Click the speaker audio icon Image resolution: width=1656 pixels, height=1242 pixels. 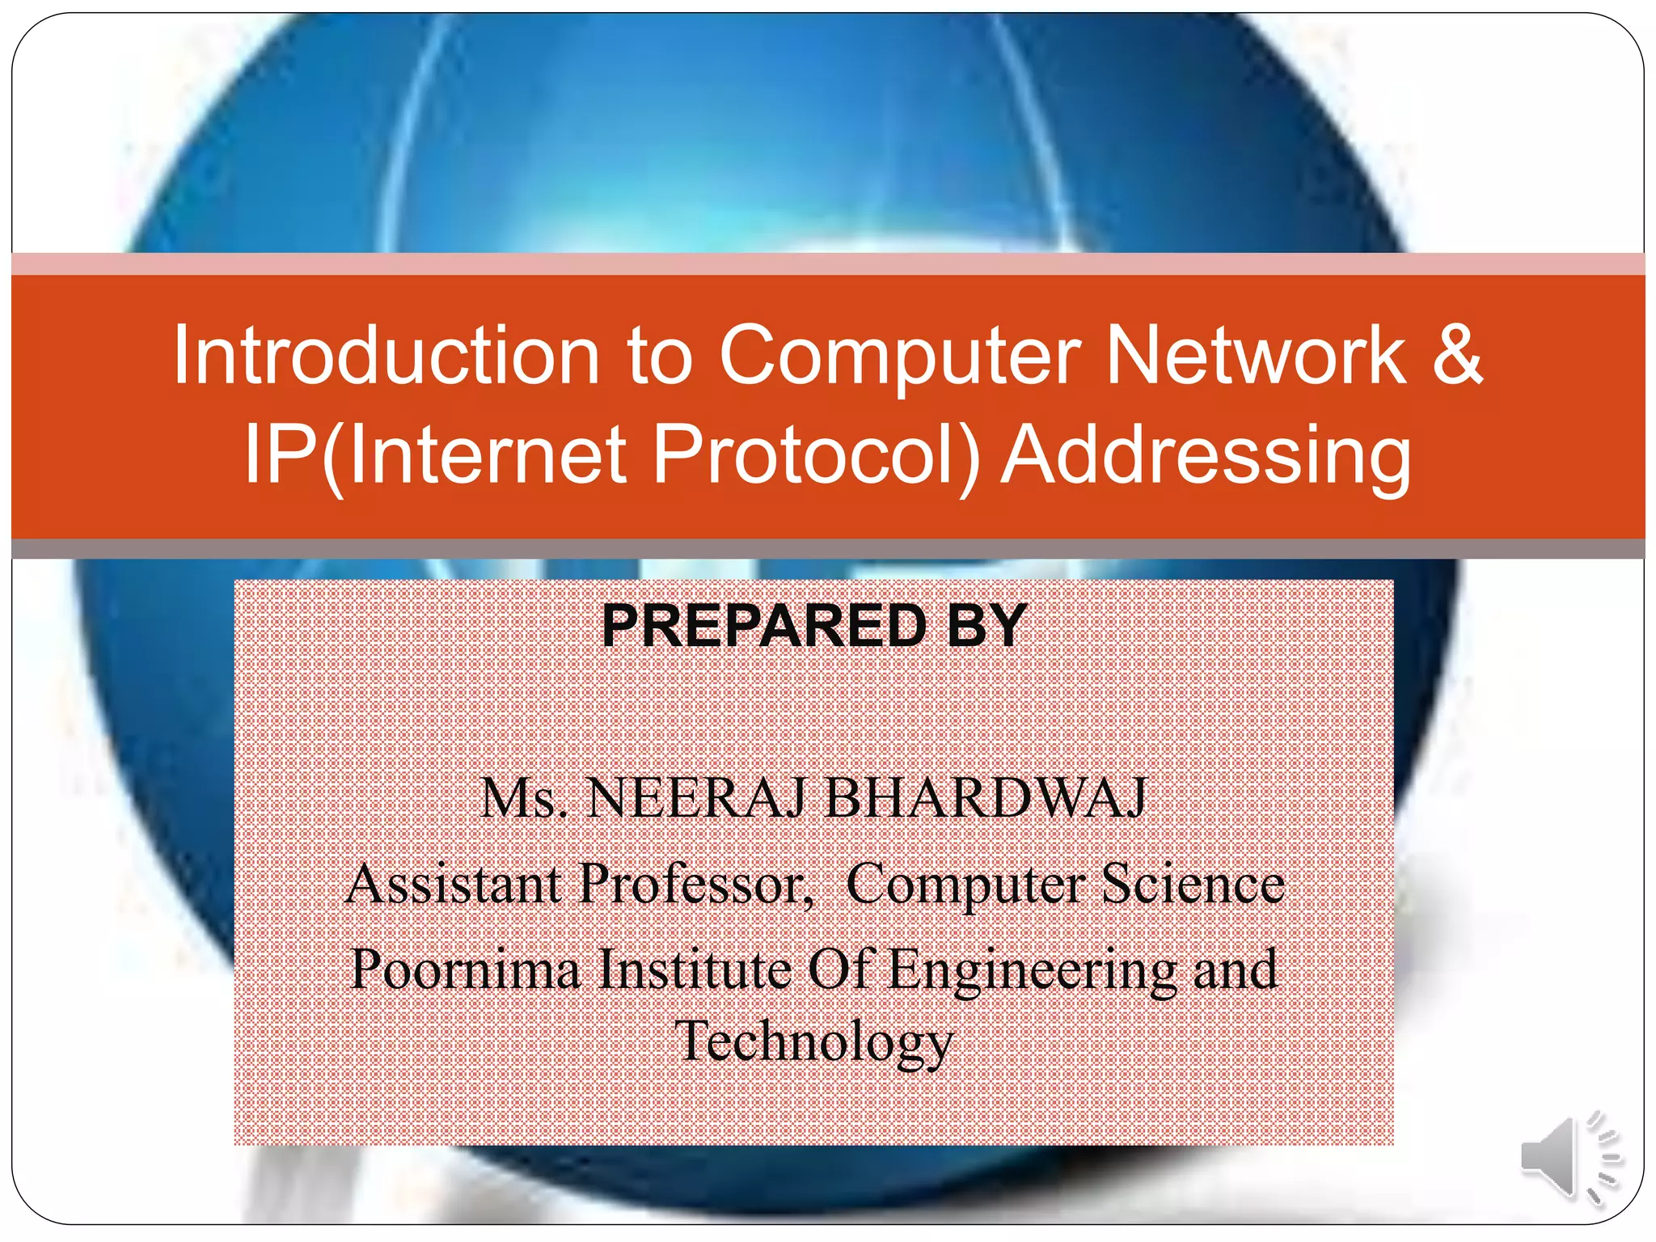pos(1569,1158)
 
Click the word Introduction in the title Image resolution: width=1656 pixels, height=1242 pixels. pos(386,356)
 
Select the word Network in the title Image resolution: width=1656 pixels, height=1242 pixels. pos(1255,356)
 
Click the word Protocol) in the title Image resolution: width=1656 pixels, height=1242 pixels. pos(817,455)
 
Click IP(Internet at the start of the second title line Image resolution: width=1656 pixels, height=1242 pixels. pos(436,455)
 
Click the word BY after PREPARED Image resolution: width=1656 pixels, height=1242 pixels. pos(986,627)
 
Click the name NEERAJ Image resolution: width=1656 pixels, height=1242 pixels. pos(695,799)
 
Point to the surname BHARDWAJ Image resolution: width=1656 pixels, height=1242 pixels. pos(986,799)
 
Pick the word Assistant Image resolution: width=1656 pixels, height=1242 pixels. pos(454,884)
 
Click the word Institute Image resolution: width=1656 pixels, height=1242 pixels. pos(695,970)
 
